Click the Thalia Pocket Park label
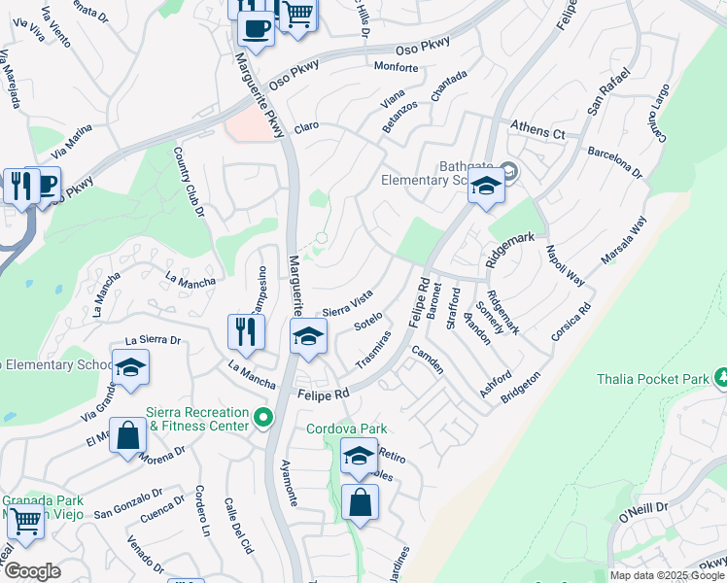click(657, 378)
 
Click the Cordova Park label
click(347, 429)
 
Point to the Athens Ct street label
click(538, 132)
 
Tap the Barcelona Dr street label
click(615, 161)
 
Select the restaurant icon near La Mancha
click(246, 332)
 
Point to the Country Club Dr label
click(189, 181)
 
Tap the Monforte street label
click(396, 68)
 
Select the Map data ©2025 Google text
click(667, 575)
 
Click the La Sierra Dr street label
click(155, 341)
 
